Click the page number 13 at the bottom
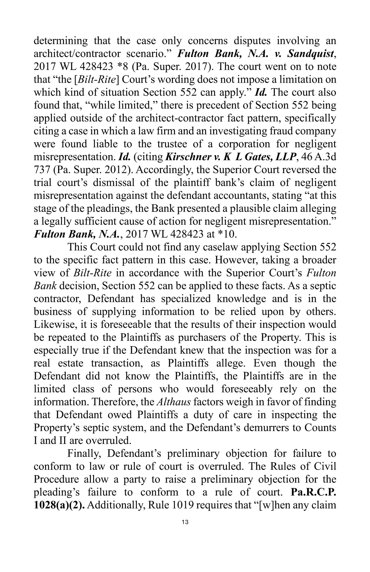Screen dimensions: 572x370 point(185,522)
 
